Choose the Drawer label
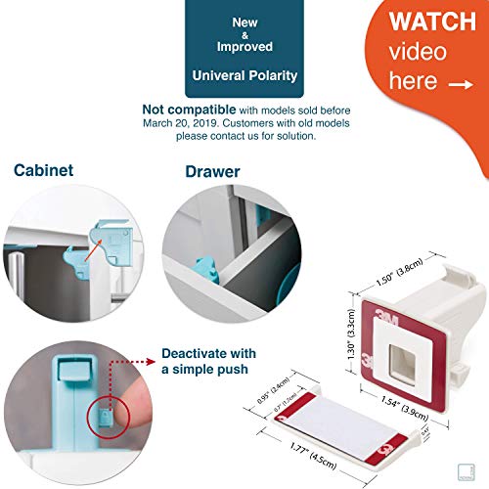coord(212,172)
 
